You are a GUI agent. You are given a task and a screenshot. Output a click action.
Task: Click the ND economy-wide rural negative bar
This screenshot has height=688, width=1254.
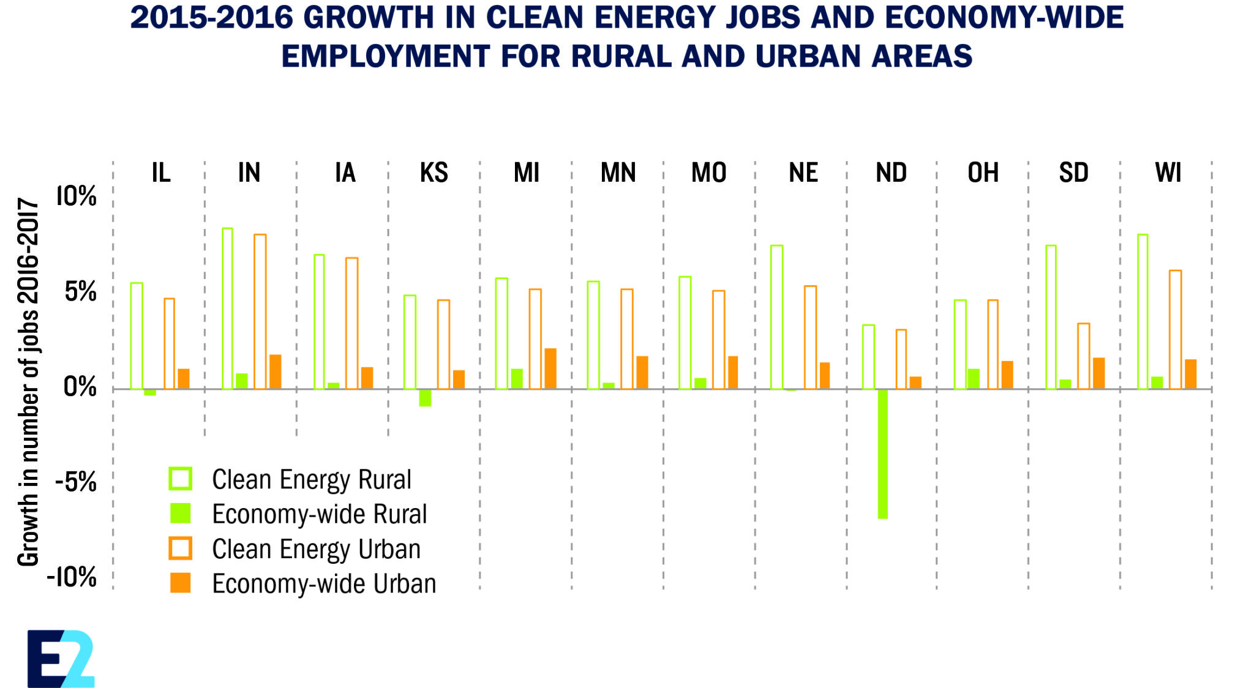click(882, 454)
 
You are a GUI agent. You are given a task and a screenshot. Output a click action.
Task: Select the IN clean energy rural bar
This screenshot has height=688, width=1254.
click(227, 308)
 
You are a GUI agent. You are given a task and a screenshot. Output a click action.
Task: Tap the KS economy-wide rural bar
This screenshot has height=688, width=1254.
click(425, 397)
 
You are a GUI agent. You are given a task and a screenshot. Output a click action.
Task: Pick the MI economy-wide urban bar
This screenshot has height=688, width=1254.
click(550, 368)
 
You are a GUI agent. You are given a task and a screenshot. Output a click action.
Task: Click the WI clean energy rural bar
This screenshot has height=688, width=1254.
click(1143, 312)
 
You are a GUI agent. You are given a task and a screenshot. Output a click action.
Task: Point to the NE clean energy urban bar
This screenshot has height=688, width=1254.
click(810, 337)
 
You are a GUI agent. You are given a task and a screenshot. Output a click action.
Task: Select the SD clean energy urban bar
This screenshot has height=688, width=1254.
click(1084, 356)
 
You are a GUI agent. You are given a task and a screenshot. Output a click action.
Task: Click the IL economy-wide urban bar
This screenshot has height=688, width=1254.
click(183, 379)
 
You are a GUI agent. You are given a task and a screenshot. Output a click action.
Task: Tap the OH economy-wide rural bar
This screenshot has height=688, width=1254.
click(974, 379)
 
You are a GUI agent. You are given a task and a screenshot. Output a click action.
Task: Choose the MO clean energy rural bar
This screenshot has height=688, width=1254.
click(685, 333)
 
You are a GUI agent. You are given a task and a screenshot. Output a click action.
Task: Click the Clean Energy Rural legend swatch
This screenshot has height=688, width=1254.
click(181, 479)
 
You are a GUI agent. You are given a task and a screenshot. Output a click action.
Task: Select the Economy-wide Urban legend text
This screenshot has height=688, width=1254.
click(324, 584)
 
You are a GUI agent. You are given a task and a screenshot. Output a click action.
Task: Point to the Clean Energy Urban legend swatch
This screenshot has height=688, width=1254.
click(181, 548)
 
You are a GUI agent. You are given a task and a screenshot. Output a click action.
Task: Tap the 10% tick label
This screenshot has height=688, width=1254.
click(77, 196)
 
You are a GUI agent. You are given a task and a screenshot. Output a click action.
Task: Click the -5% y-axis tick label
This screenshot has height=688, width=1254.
click(76, 482)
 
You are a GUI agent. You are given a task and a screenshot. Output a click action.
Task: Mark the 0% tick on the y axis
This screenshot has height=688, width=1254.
click(80, 387)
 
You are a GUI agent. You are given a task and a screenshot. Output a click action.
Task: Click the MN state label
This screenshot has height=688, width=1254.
click(618, 173)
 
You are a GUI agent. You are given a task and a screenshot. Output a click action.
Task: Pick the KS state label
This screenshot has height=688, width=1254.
click(434, 173)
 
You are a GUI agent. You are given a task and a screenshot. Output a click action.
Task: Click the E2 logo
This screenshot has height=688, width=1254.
click(61, 659)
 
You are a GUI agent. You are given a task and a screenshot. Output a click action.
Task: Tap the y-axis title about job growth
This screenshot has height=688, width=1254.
click(28, 383)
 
